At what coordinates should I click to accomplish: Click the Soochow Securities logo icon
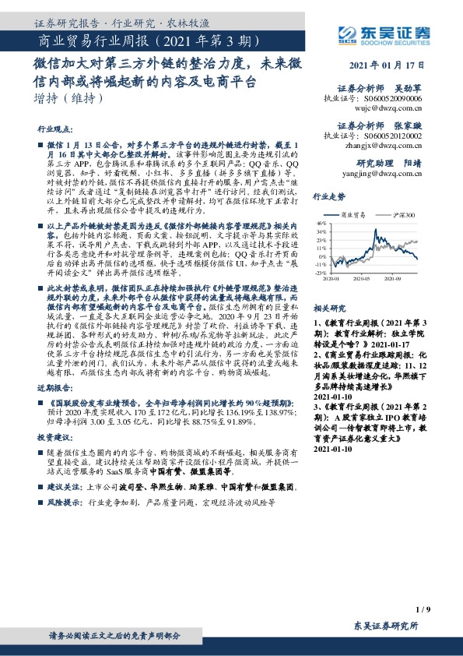347,34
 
